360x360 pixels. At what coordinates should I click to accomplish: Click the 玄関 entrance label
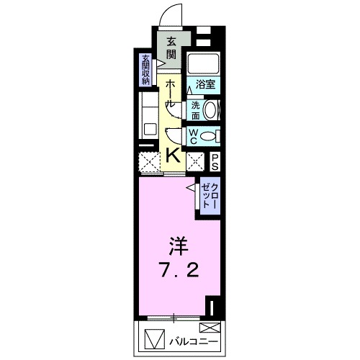coord(171,48)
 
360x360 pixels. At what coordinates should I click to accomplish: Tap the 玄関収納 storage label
coord(146,71)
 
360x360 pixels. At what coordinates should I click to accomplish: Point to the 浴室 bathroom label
coord(206,84)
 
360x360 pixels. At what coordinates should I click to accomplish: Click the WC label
coord(194,135)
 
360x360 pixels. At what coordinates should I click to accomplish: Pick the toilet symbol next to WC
coord(210,135)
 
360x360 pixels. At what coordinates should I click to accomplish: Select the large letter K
coord(174,154)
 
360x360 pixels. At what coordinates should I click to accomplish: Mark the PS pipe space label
coord(215,161)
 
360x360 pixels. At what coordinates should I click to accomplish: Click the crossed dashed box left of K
coord(149,162)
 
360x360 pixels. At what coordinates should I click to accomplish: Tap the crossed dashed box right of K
coord(195,161)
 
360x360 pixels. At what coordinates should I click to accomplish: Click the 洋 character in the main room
coord(179,247)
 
